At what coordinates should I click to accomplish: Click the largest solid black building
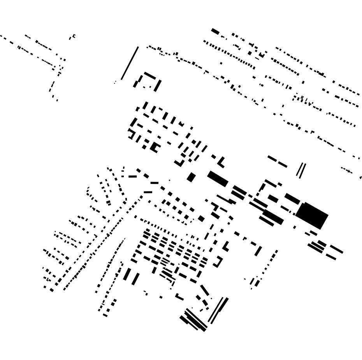click(x=312, y=215)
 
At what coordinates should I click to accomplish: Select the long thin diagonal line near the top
click(x=130, y=63)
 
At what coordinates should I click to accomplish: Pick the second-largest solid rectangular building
click(x=218, y=179)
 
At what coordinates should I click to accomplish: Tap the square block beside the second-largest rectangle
click(x=191, y=177)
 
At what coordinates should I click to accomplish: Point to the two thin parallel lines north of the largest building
click(x=301, y=171)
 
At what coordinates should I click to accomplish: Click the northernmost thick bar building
click(x=215, y=31)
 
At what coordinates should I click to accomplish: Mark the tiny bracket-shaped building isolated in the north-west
click(x=73, y=37)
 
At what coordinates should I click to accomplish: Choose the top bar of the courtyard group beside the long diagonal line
click(x=150, y=75)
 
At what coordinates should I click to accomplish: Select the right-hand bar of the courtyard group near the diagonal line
click(x=158, y=86)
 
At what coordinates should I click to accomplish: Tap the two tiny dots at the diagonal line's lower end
click(x=115, y=82)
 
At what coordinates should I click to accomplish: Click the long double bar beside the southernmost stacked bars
click(x=218, y=310)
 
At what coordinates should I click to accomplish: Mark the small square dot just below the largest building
click(x=295, y=227)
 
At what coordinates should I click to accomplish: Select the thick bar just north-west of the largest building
click(x=292, y=199)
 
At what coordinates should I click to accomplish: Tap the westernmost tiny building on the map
click(x=1, y=36)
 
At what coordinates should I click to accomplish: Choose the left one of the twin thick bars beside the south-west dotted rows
click(x=127, y=274)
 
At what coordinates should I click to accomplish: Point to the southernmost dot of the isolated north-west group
click(x=57, y=101)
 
